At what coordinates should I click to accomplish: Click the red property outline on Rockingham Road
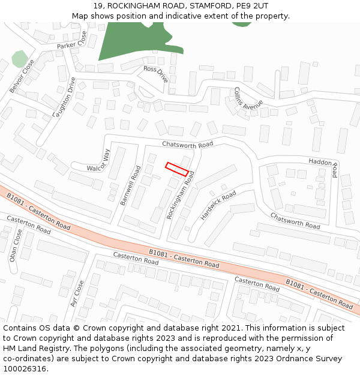coord(177,169)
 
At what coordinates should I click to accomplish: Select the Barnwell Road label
coord(130,186)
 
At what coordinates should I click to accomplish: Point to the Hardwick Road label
coord(218,205)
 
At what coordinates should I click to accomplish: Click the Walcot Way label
coord(98,161)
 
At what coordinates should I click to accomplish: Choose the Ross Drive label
coord(157,73)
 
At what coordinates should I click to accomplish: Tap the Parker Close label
coord(76,40)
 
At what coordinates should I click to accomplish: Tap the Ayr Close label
coord(77,293)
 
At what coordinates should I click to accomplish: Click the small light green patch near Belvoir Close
coord(20,59)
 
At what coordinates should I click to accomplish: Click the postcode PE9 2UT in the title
coord(252,6)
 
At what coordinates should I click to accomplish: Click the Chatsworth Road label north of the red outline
coord(187,145)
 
